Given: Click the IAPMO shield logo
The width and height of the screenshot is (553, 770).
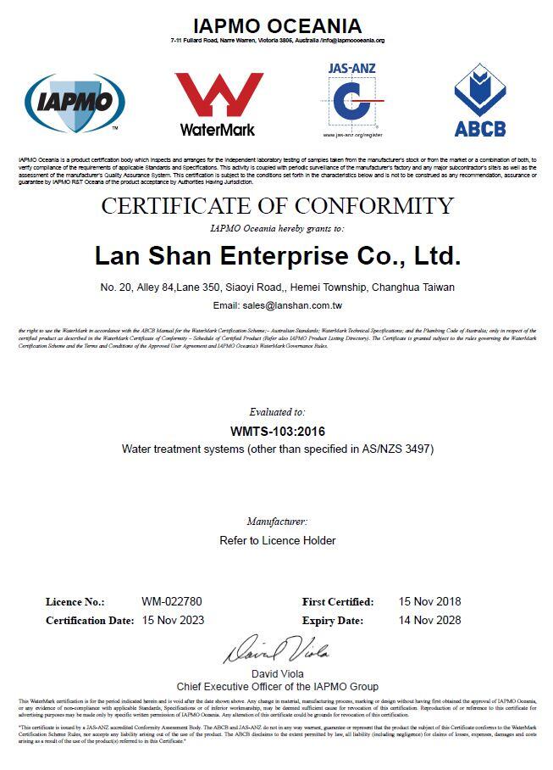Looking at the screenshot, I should (75, 102).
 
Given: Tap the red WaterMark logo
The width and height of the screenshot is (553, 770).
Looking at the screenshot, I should (218, 103).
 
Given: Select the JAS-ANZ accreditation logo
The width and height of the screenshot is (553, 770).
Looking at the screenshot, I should (351, 99).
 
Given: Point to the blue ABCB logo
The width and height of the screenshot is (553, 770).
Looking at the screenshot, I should (479, 101).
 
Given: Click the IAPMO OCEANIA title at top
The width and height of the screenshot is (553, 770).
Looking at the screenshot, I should (278, 26).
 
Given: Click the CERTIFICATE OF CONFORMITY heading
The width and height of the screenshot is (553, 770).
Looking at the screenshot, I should (278, 206).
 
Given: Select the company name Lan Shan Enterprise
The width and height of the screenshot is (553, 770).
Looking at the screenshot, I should (278, 255).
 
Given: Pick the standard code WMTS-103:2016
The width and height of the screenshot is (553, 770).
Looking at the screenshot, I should (278, 431).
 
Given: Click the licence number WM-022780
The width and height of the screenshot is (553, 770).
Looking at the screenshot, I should (172, 602).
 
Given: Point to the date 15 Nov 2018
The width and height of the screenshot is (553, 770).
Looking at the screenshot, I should (430, 602).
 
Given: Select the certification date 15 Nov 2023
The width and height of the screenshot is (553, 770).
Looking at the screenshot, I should (173, 620).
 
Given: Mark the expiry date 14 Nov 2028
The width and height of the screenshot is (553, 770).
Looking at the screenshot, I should (430, 620).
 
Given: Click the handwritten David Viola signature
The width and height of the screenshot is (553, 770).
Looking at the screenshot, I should (276, 650).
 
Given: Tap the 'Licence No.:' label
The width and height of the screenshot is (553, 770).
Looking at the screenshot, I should (75, 602).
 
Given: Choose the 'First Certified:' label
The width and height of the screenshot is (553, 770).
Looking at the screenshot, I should (338, 602).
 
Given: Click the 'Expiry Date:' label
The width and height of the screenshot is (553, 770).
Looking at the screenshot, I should (331, 620).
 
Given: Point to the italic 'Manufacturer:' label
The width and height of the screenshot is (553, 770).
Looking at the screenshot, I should (278, 522).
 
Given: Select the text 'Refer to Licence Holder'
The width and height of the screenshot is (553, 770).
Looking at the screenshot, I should (278, 540).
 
